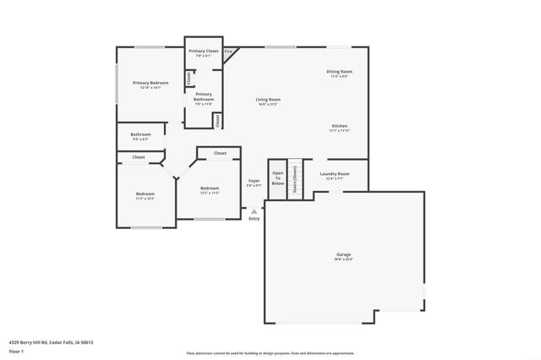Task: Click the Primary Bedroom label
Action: point(150,83)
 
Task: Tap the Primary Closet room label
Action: point(203,52)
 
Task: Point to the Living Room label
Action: point(269,100)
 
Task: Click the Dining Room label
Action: point(339,72)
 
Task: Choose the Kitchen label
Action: point(339,126)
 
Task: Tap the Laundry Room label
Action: point(335,174)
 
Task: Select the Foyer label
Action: point(254,181)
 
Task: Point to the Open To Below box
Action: point(278,179)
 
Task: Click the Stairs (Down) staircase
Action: point(294,179)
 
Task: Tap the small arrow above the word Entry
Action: point(254,210)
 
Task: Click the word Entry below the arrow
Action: point(254,219)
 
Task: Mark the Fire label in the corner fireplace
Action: point(228,52)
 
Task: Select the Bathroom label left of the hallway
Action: point(140,134)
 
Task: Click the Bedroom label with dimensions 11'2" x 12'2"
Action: point(145,194)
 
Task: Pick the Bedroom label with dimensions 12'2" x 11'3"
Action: point(210,188)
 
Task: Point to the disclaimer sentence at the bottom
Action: point(270,353)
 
